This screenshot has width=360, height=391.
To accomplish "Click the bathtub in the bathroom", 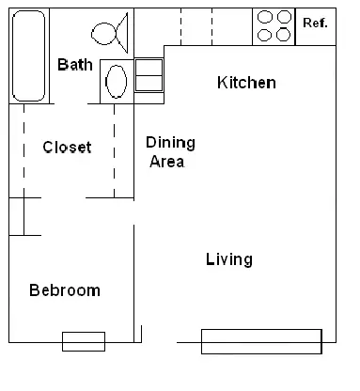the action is coord(28,56).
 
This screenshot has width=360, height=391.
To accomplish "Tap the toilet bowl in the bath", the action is coord(103,34).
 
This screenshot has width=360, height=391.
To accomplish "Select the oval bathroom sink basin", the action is coord(117,82).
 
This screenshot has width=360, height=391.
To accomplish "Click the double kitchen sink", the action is coord(149,75).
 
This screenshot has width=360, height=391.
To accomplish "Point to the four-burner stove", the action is coord(274,26).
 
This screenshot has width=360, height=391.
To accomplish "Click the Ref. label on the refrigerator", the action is coord(315,23).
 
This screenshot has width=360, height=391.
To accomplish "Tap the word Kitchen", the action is coord(246,83).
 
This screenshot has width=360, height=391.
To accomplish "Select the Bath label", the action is coord(75,65).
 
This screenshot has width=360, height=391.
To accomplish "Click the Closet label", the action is coord(67,148).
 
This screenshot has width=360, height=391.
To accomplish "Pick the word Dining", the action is coord(170,143).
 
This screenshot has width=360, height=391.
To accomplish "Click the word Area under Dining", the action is coord(166,162).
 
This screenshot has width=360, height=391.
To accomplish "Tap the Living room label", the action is coord(229,259).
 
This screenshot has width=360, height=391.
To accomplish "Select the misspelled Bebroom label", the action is coord(65,290).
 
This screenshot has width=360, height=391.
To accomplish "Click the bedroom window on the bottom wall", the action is coord(84,341).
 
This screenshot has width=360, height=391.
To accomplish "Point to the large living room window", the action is coord(261,341).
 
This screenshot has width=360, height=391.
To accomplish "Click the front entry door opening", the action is coord(159,342).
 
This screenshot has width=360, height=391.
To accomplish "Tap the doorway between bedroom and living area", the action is coord(134,211).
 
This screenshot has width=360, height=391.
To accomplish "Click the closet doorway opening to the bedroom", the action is coord(63,197).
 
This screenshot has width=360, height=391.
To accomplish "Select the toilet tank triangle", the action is coord(122,33).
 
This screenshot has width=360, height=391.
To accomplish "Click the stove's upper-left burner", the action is coord(265,17).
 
